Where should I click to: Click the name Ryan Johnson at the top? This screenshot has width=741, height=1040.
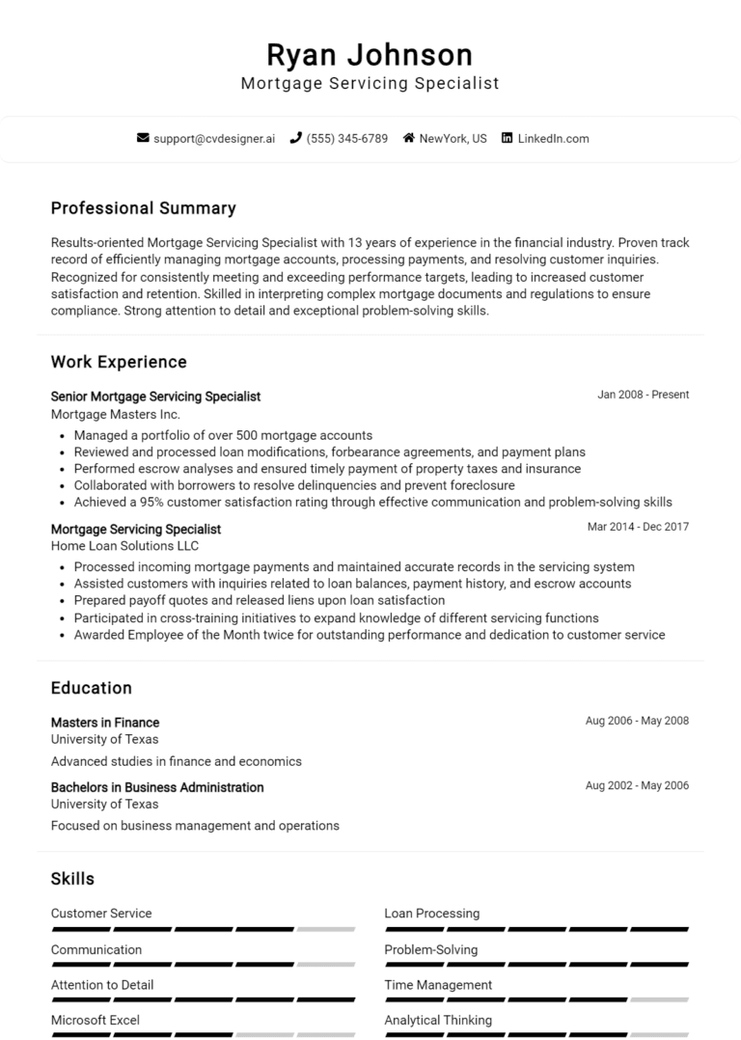pyautogui.click(x=370, y=54)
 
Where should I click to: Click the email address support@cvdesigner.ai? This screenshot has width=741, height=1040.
pyautogui.click(x=213, y=139)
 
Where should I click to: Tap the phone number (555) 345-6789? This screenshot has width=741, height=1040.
pyautogui.click(x=346, y=139)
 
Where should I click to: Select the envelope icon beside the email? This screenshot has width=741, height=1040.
pyautogui.click(x=143, y=139)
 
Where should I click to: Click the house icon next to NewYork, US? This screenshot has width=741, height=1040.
pyautogui.click(x=408, y=139)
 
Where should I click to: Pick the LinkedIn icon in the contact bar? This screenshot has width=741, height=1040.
pyautogui.click(x=507, y=139)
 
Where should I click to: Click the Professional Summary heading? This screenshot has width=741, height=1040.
pyautogui.click(x=143, y=208)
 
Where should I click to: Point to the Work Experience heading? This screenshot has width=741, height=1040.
pyautogui.click(x=119, y=363)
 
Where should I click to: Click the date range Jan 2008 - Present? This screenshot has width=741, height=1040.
pyautogui.click(x=643, y=395)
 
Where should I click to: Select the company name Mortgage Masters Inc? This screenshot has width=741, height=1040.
pyautogui.click(x=115, y=414)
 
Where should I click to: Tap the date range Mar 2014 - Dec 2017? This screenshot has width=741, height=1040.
pyautogui.click(x=638, y=527)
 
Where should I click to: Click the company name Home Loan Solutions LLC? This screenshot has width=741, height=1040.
pyautogui.click(x=124, y=546)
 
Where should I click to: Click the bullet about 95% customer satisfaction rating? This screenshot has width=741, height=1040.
pyautogui.click(x=372, y=502)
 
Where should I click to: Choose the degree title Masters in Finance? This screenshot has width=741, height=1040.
pyautogui.click(x=105, y=723)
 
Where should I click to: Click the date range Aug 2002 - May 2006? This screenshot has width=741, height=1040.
pyautogui.click(x=637, y=785)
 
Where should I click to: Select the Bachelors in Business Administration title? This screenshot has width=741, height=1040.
pyautogui.click(x=157, y=787)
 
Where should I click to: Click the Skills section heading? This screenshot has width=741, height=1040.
pyautogui.click(x=72, y=879)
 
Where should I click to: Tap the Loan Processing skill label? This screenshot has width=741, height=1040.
pyautogui.click(x=431, y=914)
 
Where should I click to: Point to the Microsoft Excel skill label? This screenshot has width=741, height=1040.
pyautogui.click(x=96, y=1020)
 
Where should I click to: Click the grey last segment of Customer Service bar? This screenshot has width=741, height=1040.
pyautogui.click(x=326, y=929)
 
